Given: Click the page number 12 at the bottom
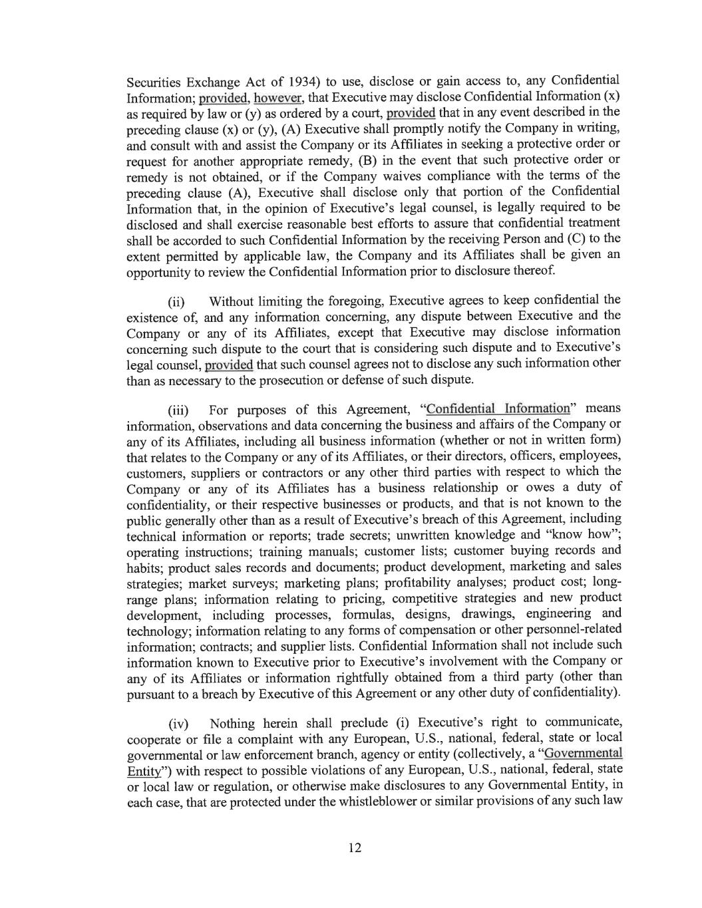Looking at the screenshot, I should coord(354,847).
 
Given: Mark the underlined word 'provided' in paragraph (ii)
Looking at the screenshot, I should coord(229,365).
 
